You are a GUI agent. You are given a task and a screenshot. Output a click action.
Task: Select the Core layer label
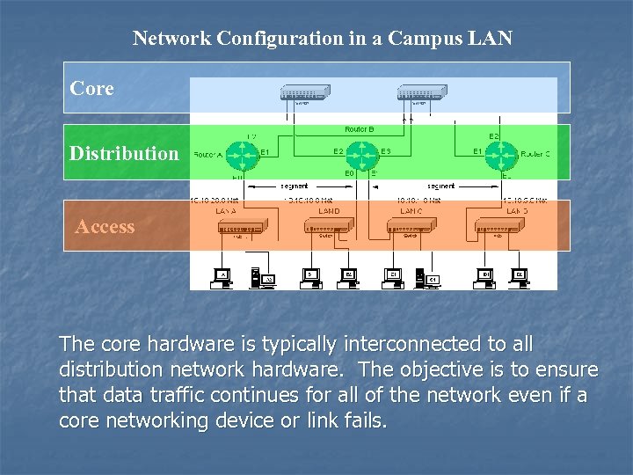pyautogui.click(x=92, y=89)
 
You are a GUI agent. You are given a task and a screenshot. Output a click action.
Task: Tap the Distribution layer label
pyautogui.click(x=124, y=153)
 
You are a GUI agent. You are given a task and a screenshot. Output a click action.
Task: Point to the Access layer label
pyautogui.click(x=105, y=227)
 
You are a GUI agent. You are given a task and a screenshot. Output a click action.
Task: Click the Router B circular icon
pyautogui.click(x=359, y=155)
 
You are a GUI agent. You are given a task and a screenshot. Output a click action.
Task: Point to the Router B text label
pyautogui.click(x=359, y=129)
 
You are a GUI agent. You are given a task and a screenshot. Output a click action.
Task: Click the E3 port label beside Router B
pyautogui.click(x=385, y=151)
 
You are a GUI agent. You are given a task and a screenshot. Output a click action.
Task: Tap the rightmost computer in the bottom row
pyautogui.click(x=519, y=277)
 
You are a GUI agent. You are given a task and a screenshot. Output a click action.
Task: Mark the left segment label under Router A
pyautogui.click(x=294, y=186)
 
